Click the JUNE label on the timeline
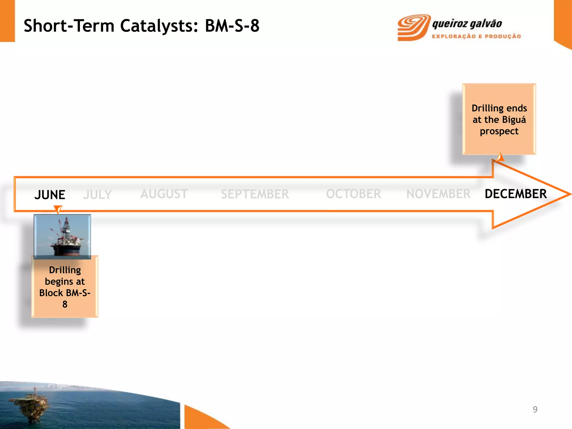pyautogui.click(x=50, y=195)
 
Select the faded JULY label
pyautogui.click(x=97, y=195)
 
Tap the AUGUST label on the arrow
pyautogui.click(x=164, y=194)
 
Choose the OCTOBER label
pyautogui.click(x=353, y=194)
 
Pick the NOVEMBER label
pyautogui.click(x=438, y=194)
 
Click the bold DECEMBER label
pyautogui.click(x=515, y=194)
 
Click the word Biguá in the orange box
pyautogui.click(x=514, y=120)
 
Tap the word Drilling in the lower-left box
pyautogui.click(x=65, y=270)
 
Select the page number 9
pyautogui.click(x=535, y=409)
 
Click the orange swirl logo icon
pyautogui.click(x=413, y=27)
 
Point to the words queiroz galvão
pyautogui.click(x=467, y=24)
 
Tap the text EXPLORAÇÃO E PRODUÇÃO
pyautogui.click(x=476, y=36)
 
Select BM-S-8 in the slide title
pyautogui.click(x=232, y=26)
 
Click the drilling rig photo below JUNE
pyautogui.click(x=62, y=237)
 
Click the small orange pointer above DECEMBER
pyautogui.click(x=500, y=158)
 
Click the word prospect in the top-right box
pyautogui.click(x=499, y=131)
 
